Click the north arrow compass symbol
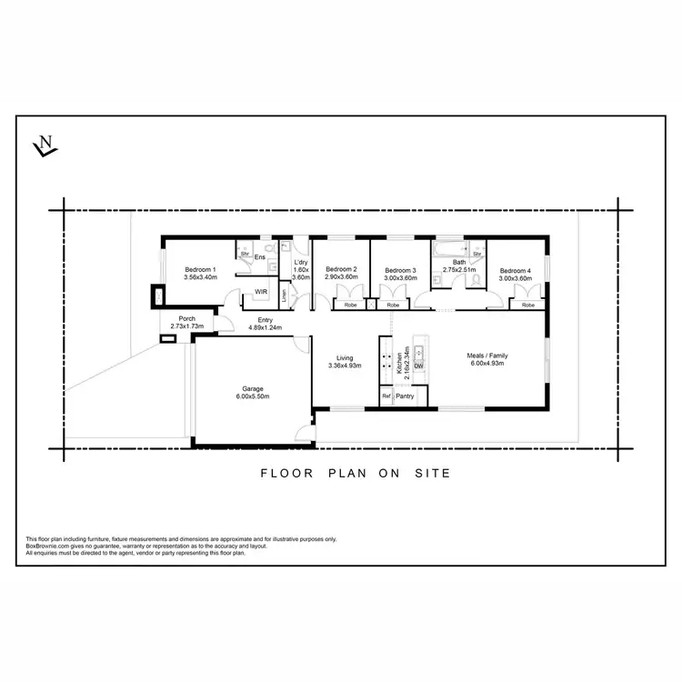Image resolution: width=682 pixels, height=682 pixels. pos(44,145)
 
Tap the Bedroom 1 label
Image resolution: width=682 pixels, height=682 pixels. pos(200,269)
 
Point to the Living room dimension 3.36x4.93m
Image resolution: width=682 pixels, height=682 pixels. pos(345,366)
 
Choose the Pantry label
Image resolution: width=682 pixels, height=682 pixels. pos(405,396)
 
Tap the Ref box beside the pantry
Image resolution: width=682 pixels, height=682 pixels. pos(386,396)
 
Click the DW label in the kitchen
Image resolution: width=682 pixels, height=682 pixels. pos(419,366)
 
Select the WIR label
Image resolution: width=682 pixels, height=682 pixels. pos(261,292)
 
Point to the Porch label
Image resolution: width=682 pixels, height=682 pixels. pos(187,319)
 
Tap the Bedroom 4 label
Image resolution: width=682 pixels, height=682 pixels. pos(514,270)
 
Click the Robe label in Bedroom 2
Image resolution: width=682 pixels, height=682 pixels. pos(350,306)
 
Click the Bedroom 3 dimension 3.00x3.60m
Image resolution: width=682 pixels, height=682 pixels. pos(400,278)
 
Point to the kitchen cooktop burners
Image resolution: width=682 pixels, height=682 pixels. pos(386,356)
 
